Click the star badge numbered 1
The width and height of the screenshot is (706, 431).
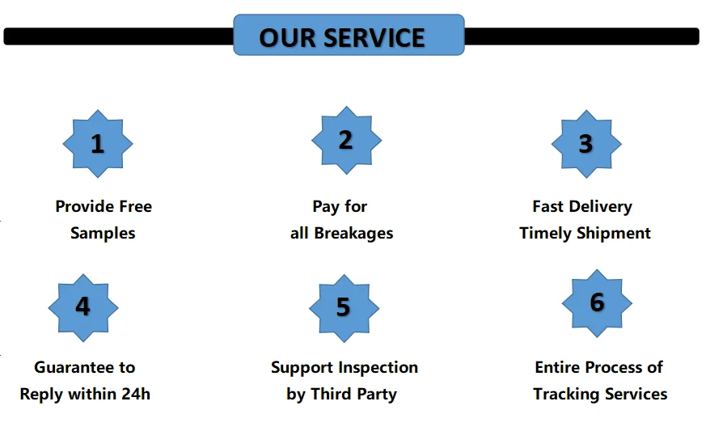pyautogui.click(x=98, y=144)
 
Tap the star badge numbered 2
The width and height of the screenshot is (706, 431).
pyautogui.click(x=346, y=140)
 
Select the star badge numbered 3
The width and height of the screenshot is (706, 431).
pyautogui.click(x=586, y=144)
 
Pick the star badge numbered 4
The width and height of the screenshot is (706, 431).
pyautogui.click(x=83, y=306)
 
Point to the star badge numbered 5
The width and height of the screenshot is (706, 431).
pyautogui.click(x=344, y=307)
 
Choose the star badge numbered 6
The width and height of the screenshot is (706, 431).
pyautogui.click(x=597, y=302)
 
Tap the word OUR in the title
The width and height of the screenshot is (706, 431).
pyautogui.click(x=286, y=38)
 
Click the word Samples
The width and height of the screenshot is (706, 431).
pyautogui.click(x=103, y=233)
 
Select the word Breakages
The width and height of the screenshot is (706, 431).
pyautogui.click(x=353, y=233)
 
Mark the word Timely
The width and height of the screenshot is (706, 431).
pyautogui.click(x=545, y=233)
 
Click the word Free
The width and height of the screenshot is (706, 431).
pyautogui.click(x=133, y=206)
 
